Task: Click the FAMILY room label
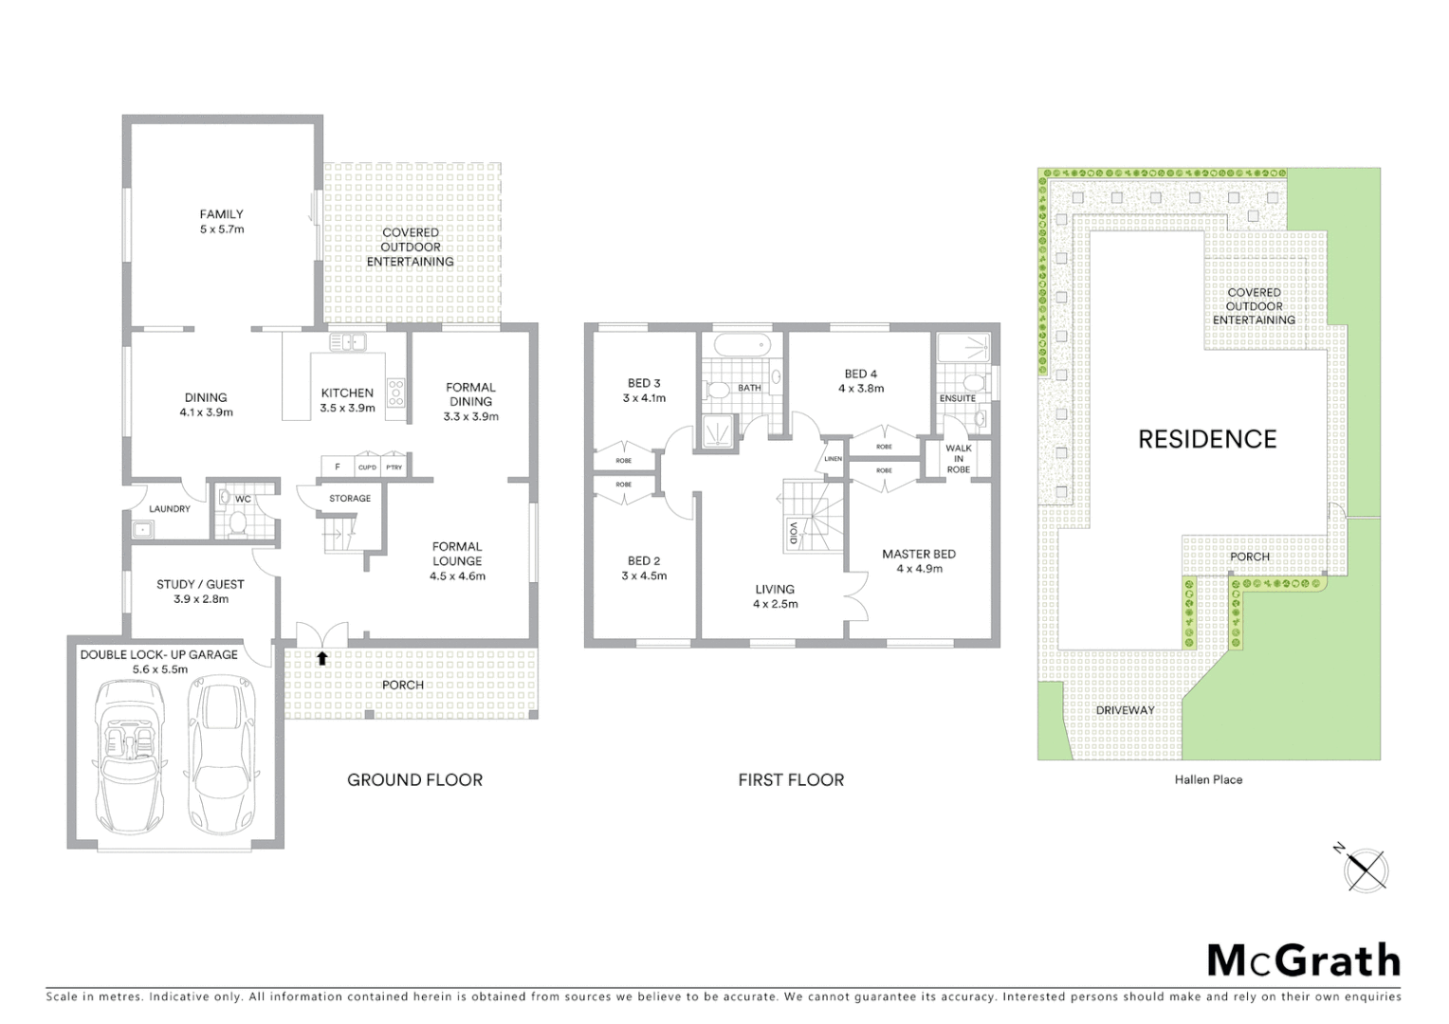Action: [x=221, y=214]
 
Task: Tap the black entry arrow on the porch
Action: [x=322, y=657]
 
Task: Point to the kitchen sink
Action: [x=347, y=341]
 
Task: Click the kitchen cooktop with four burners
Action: [x=395, y=392]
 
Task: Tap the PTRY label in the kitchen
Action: [x=394, y=467]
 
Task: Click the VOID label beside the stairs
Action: [x=794, y=533]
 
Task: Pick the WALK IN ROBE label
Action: [x=958, y=459]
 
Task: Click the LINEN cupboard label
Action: [x=833, y=459]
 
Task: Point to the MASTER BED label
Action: [x=918, y=555]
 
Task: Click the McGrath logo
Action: [x=1303, y=960]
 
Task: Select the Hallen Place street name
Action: [x=1208, y=780]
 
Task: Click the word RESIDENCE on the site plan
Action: [x=1207, y=439]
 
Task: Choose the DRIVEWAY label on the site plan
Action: [x=1125, y=710]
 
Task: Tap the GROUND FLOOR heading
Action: [x=414, y=780]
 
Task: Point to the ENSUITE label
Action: [x=957, y=398]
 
